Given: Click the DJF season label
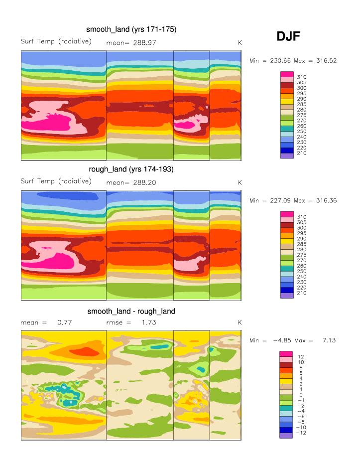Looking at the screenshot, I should (x=288, y=36).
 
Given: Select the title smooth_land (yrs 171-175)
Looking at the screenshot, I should (x=131, y=29).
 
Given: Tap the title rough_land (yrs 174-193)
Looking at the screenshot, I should (x=131, y=169).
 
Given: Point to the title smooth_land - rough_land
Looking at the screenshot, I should (x=131, y=311).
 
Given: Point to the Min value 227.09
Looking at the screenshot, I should (x=280, y=200).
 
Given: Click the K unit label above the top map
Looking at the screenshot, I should (x=240, y=43).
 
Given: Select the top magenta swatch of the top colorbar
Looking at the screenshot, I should (x=287, y=74).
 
